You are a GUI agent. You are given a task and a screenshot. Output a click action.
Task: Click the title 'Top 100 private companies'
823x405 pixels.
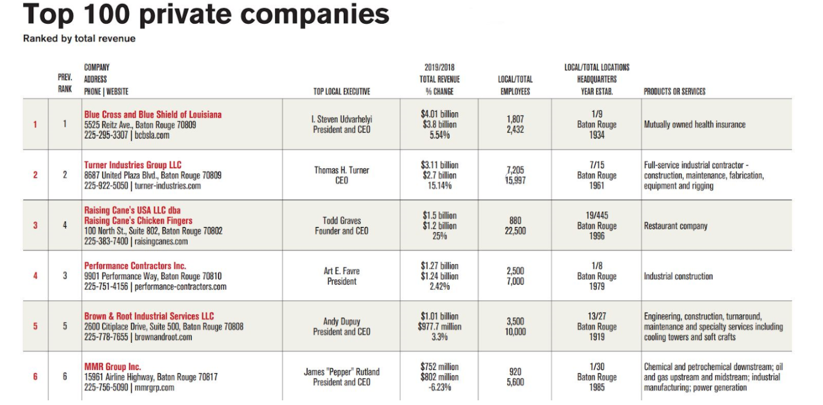[x=206, y=15]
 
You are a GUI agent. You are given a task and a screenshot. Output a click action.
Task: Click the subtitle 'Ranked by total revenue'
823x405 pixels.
[x=79, y=39]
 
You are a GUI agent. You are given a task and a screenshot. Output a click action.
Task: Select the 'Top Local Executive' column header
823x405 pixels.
[x=342, y=91]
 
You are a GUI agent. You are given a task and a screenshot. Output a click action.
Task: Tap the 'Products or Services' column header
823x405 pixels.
[x=674, y=91]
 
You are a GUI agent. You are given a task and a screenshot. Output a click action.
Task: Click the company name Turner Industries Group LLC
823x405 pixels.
[x=133, y=165]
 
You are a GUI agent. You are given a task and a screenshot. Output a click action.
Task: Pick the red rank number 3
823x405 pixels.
[x=35, y=225]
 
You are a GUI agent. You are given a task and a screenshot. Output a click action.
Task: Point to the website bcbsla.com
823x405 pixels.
[x=152, y=135]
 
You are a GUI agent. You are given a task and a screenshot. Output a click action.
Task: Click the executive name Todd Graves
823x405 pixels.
[x=342, y=221]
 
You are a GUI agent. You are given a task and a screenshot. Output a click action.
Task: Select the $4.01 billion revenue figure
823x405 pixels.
[x=439, y=114]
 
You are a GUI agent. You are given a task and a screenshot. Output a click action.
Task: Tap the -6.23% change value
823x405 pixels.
[x=439, y=388]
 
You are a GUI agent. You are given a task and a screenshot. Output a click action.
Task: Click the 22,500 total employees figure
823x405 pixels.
[x=515, y=231]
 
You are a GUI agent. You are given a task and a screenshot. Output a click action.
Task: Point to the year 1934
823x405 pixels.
[x=597, y=135]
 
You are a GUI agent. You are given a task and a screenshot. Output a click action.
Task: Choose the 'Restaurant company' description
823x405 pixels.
[x=676, y=226]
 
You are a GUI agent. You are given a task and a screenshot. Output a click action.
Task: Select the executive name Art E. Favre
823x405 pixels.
[x=342, y=271]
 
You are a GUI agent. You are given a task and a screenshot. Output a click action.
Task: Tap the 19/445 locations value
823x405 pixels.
[x=597, y=215]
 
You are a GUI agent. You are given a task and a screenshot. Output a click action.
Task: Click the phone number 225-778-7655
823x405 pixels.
[x=107, y=337]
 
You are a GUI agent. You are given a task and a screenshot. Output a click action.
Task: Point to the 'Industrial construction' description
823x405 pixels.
[x=678, y=276]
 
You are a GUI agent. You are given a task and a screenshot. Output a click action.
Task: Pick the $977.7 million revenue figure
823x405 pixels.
[x=439, y=326]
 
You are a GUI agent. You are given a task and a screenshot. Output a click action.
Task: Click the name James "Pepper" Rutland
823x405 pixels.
[x=342, y=372]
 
